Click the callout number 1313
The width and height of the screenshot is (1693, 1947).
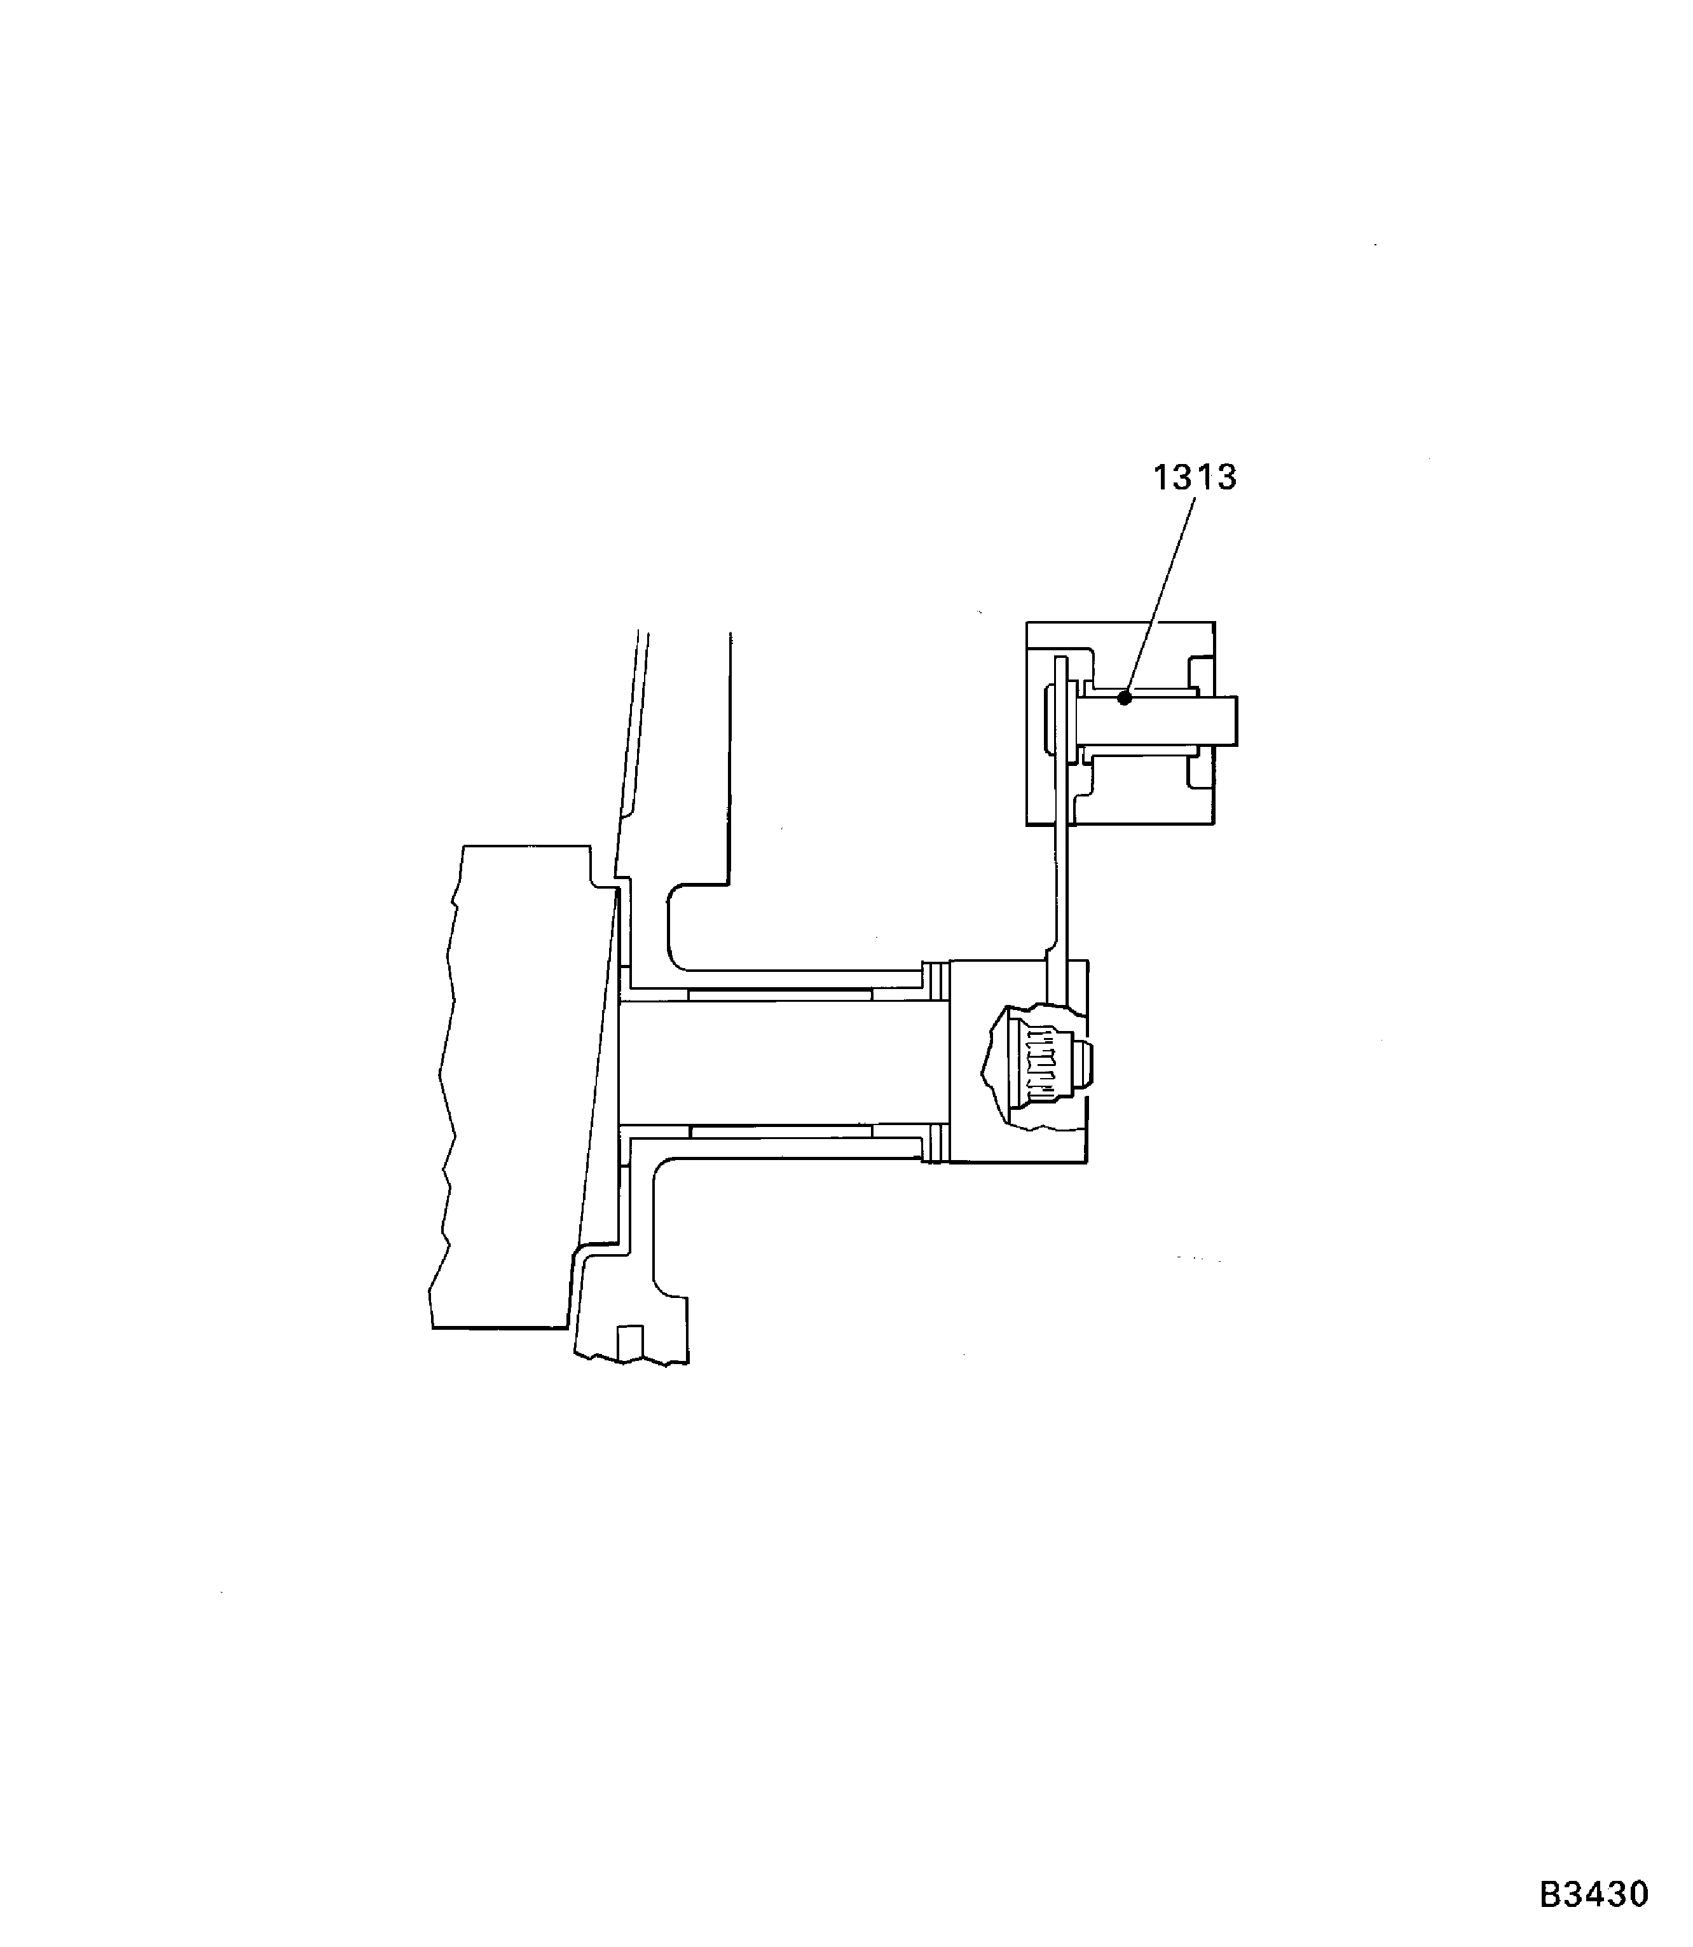[x=1194, y=478]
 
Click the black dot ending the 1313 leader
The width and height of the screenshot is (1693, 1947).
[x=1124, y=698]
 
